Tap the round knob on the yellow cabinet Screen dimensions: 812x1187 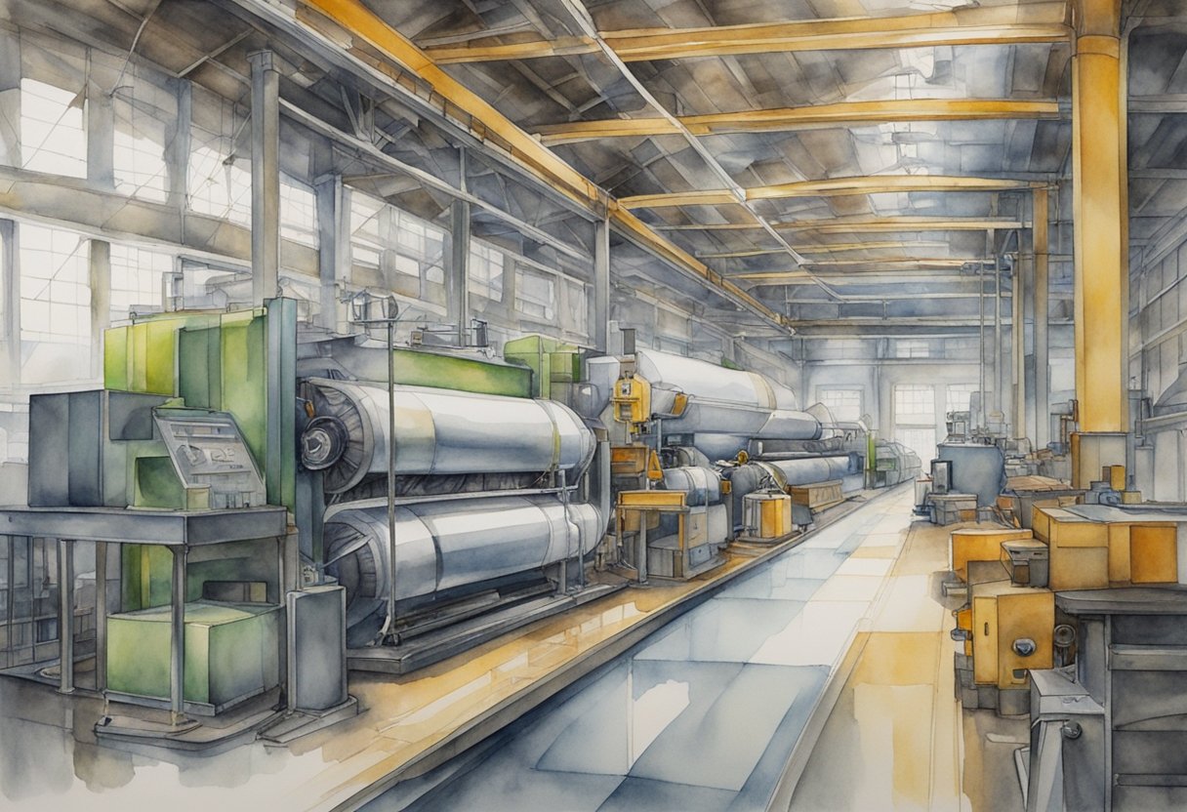(1024, 646)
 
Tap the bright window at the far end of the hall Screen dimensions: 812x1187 (915, 410)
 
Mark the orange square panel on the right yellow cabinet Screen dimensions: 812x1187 (1153, 553)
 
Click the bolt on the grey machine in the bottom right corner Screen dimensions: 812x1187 (1072, 729)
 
